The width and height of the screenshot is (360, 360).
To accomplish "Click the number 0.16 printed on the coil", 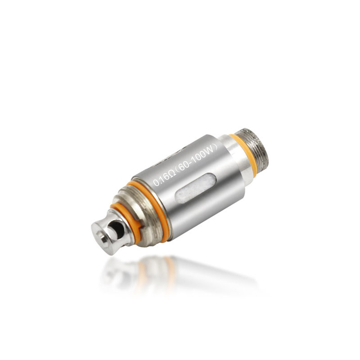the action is (x=161, y=180).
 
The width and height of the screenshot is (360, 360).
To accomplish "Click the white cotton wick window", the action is (x=196, y=188).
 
